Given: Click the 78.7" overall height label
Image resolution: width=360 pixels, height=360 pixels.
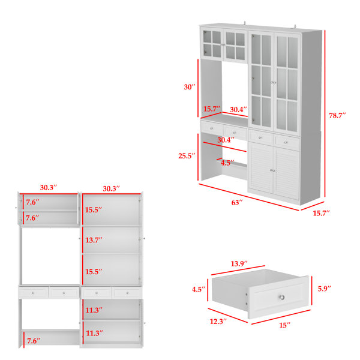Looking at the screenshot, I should pyautogui.click(x=337, y=116).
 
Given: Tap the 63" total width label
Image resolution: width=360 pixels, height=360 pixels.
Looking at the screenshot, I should pyautogui.click(x=237, y=203).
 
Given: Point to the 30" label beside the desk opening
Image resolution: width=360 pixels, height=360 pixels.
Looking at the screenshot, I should pyautogui.click(x=190, y=87).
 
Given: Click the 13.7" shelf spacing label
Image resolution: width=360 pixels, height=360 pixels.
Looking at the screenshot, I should pyautogui.click(x=93, y=240).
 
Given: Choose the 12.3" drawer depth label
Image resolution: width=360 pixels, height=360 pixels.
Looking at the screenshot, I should pyautogui.click(x=218, y=322).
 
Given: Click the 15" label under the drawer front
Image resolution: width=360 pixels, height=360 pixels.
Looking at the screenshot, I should pyautogui.click(x=284, y=325).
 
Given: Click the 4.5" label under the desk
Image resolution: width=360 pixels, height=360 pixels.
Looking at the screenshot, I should pyautogui.click(x=227, y=163).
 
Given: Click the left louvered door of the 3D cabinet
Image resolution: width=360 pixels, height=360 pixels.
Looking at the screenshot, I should pyautogui.click(x=260, y=171).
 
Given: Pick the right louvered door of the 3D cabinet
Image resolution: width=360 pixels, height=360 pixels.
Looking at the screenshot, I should pyautogui.click(x=287, y=174).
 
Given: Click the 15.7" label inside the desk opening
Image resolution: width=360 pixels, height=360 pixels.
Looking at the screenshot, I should pyautogui.click(x=210, y=109).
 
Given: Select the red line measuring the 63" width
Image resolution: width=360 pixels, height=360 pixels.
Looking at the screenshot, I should pyautogui.click(x=248, y=196).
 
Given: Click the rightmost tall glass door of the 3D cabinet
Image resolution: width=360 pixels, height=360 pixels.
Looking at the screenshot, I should pyautogui.click(x=287, y=83).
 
